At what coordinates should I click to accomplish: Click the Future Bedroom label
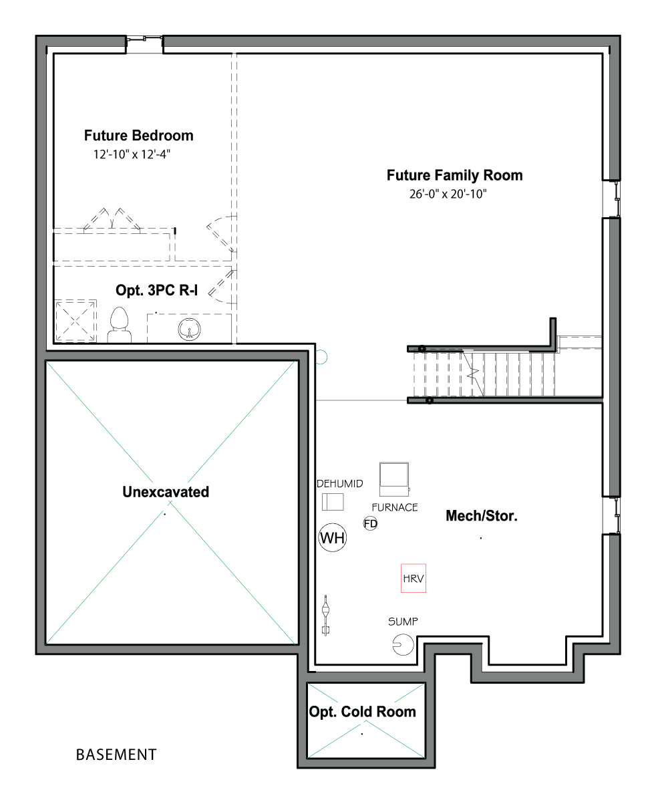[x=138, y=136]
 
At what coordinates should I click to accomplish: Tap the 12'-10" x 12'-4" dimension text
[x=132, y=154]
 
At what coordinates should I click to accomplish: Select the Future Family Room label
[x=454, y=176]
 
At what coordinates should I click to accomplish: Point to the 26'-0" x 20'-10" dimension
[x=448, y=194]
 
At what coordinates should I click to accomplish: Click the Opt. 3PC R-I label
[x=156, y=290]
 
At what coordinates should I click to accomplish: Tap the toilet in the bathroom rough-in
[x=120, y=325]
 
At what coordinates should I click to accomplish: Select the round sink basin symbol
[x=189, y=329]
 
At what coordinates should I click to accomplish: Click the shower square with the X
[x=75, y=321]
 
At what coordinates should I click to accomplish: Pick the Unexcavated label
[x=166, y=492]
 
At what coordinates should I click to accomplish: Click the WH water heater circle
[x=332, y=538]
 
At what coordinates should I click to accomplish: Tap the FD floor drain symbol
[x=370, y=524]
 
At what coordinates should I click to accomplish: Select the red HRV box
[x=414, y=578]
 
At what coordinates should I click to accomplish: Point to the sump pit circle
[x=403, y=645]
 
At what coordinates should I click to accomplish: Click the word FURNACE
[x=395, y=507]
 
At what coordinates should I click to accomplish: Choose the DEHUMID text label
[x=340, y=484]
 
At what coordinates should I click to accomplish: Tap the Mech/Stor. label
[x=482, y=516]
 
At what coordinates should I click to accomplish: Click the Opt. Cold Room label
[x=363, y=712]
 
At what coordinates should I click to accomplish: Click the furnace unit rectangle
[x=394, y=479]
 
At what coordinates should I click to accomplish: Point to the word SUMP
[x=403, y=622]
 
